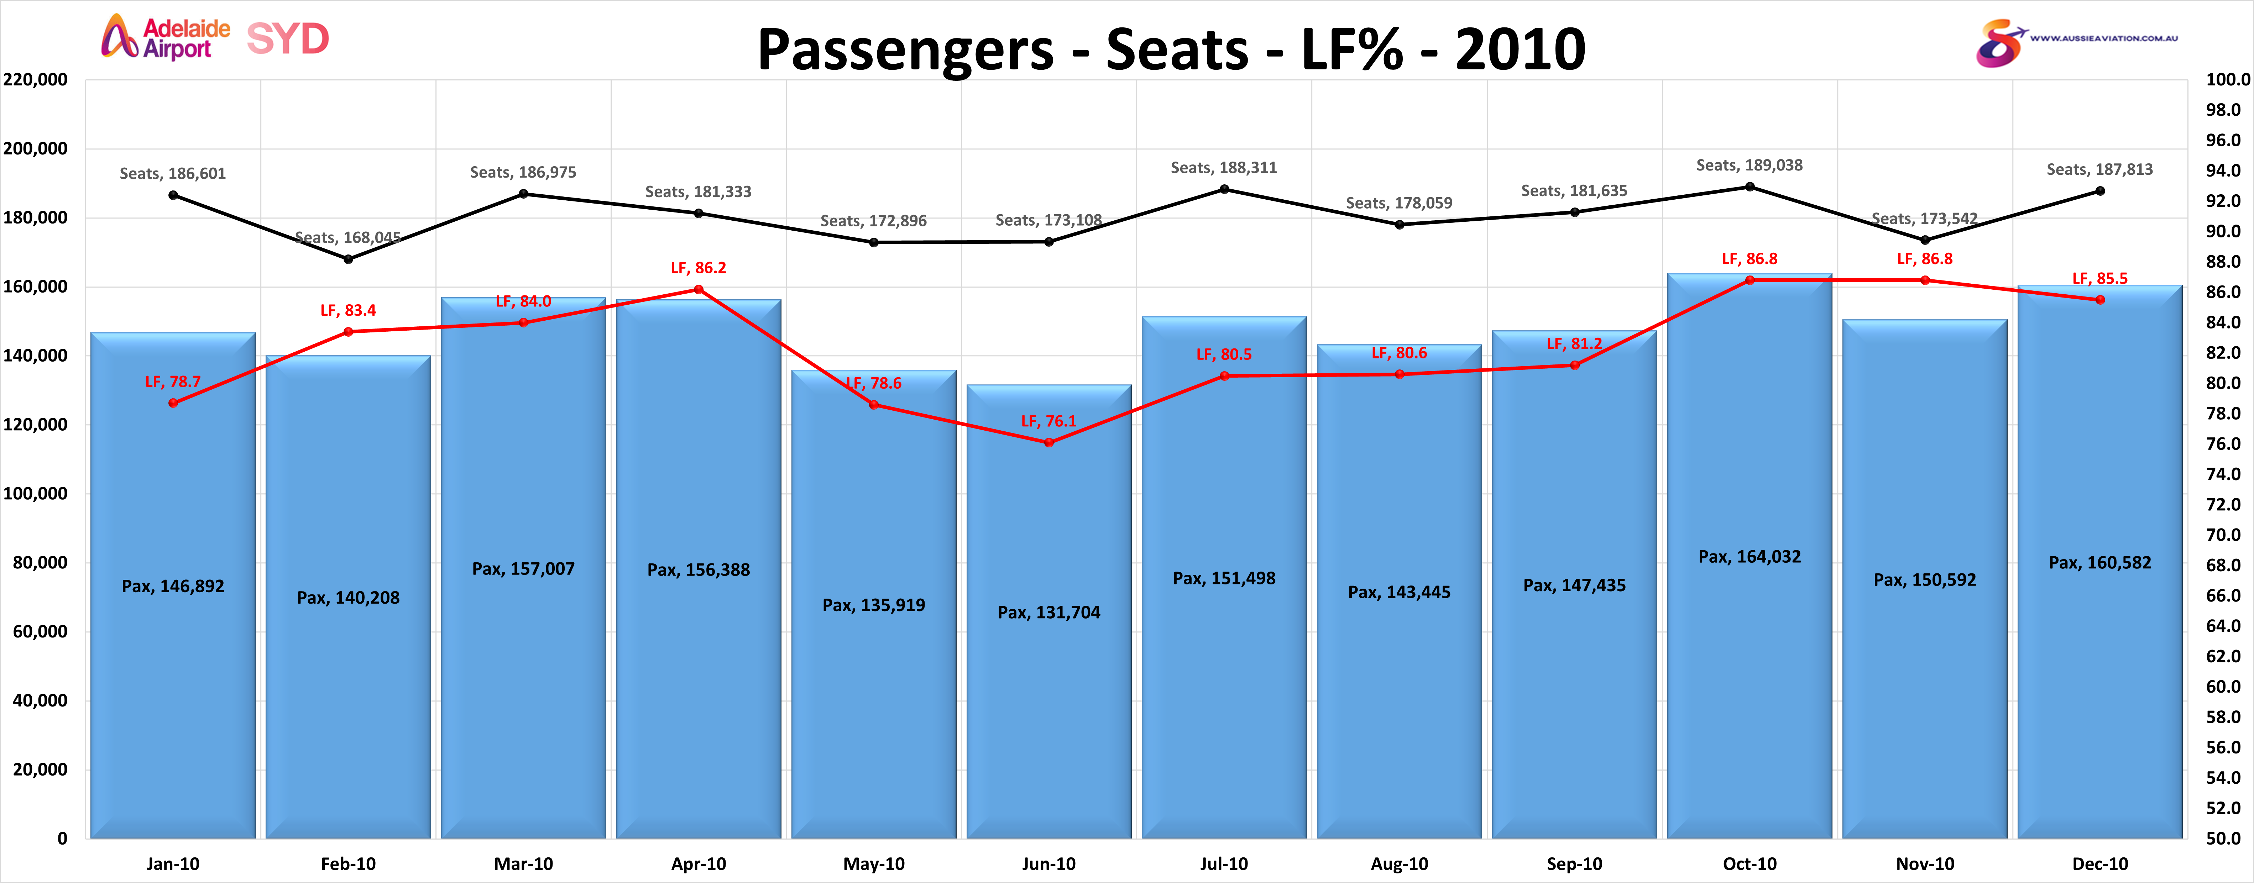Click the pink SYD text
click(288, 38)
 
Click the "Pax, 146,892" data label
click(173, 586)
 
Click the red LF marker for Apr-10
click(698, 290)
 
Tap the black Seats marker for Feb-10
click(348, 259)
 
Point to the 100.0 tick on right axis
click(2227, 80)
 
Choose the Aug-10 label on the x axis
click(1399, 864)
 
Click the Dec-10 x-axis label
click(2100, 864)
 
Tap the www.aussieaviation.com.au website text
click(2103, 38)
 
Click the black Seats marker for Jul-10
click(1224, 189)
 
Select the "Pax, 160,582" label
click(2100, 563)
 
